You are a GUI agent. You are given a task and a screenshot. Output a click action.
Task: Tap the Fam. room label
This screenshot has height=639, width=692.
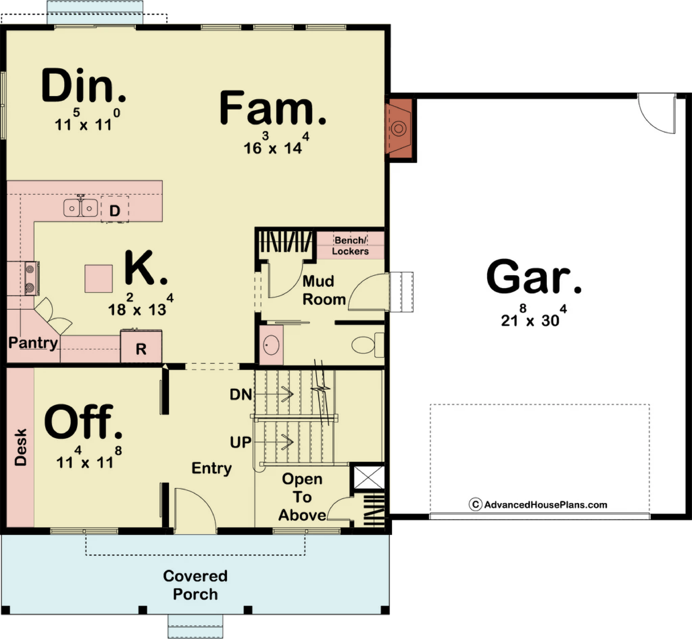pos(273,107)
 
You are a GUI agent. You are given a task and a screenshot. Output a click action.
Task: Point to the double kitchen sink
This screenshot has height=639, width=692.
pos(81,208)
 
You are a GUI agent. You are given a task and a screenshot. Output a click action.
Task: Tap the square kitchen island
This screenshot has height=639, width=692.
pos(99,279)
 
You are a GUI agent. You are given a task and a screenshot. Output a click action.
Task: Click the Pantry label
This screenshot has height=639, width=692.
pos(33,343)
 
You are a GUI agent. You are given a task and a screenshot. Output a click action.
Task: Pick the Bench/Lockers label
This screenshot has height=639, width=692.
pos(350,245)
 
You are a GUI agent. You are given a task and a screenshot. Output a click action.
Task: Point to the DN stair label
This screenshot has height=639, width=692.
pos(241,395)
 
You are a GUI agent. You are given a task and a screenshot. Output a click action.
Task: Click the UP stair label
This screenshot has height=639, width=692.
pos(241,442)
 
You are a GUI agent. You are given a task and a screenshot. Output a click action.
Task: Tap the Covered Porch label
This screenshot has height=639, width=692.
pos(195,585)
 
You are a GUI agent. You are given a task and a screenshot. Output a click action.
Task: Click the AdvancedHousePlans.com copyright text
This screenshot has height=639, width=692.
pos(538,504)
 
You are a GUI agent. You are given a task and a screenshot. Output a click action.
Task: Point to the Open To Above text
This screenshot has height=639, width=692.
pos(302,497)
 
